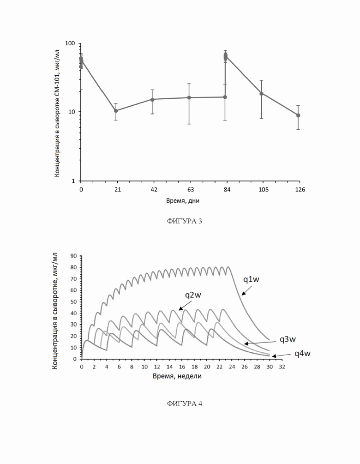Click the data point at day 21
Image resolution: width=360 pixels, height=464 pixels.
click(x=116, y=111)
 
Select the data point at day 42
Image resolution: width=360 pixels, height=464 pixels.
click(x=152, y=99)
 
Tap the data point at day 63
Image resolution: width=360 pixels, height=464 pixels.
click(x=189, y=98)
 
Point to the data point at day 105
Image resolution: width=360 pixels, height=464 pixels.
click(x=262, y=94)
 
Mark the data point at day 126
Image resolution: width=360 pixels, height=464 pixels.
click(x=298, y=115)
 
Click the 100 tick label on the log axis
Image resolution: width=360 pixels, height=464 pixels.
click(x=70, y=43)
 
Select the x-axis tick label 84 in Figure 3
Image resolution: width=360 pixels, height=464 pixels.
click(x=227, y=190)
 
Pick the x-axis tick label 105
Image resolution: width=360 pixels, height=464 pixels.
click(x=264, y=190)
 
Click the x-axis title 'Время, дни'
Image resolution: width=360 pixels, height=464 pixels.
click(x=183, y=201)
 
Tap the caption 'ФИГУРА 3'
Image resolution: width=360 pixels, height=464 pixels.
click(x=184, y=221)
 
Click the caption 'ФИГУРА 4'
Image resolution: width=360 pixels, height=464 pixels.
click(x=184, y=404)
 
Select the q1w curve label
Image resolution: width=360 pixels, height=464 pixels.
click(x=251, y=279)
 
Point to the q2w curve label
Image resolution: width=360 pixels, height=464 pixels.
click(x=193, y=295)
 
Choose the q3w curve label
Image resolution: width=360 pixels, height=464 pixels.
click(x=288, y=339)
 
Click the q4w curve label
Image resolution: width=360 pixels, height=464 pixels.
click(x=302, y=353)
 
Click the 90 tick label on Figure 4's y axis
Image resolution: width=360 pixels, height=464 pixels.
click(x=73, y=256)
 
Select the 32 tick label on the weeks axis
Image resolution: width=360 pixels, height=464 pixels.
click(x=282, y=367)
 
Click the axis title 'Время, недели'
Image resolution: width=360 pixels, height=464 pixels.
click(x=177, y=376)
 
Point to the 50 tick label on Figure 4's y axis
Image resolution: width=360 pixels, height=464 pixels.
click(x=73, y=302)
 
